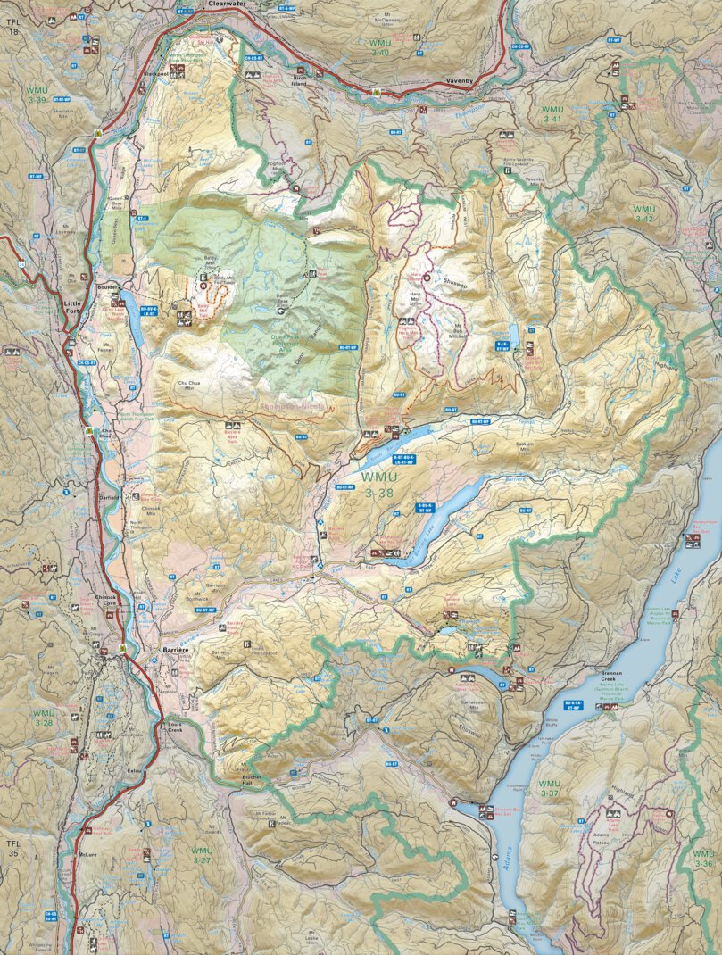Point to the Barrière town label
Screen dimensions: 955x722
(174, 651)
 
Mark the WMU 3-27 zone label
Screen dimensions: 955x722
(202, 856)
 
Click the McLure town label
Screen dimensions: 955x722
(87, 855)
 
